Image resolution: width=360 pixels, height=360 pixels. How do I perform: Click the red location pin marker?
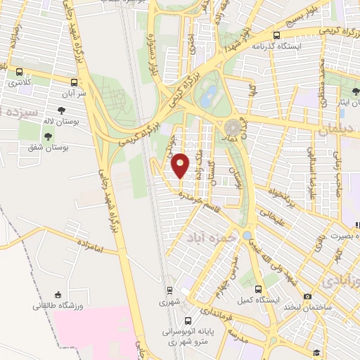181,166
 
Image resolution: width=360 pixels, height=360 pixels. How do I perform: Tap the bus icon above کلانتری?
19,72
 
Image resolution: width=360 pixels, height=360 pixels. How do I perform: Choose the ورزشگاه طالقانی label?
58,306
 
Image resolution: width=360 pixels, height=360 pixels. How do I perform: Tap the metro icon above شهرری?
169,290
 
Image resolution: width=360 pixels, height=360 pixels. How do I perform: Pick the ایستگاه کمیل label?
258,301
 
